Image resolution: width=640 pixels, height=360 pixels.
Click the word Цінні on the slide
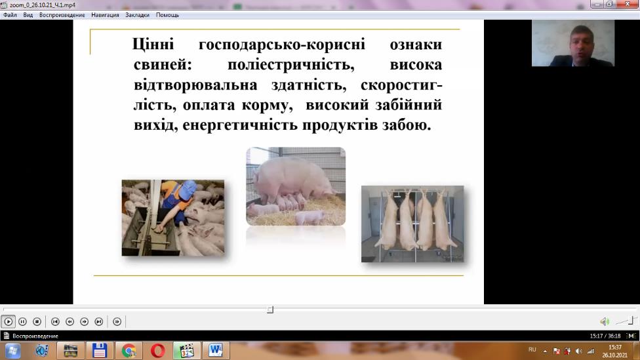(x=153, y=44)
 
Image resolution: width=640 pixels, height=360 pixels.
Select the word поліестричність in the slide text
(x=290, y=64)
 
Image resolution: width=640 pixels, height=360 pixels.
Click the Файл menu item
(x=10, y=15)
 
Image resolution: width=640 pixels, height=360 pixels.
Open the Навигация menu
(x=105, y=15)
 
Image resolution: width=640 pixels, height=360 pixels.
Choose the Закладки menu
(x=137, y=15)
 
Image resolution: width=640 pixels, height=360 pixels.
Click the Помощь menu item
(x=167, y=15)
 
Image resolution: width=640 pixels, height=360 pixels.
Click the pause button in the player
(x=22, y=321)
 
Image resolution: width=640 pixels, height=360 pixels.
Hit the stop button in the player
(x=37, y=321)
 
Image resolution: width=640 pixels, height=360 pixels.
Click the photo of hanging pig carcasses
(x=412, y=224)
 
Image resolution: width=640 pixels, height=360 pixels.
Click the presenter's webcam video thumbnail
(x=572, y=43)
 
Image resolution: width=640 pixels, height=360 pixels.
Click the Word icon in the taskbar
(x=216, y=351)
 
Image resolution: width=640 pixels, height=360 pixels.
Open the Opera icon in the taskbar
(x=157, y=351)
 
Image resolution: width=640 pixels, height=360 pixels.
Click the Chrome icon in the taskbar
(x=129, y=351)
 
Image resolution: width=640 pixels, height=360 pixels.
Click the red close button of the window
(x=628, y=4)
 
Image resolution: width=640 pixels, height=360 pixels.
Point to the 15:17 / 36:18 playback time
(x=605, y=336)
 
